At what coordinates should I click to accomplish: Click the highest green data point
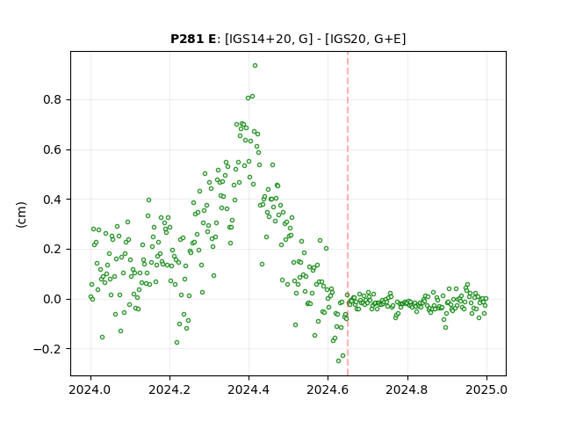click(255, 66)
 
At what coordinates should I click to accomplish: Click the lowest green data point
click(338, 360)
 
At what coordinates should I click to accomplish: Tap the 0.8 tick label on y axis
click(52, 99)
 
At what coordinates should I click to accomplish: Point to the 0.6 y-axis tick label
click(52, 149)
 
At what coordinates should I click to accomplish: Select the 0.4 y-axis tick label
click(52, 200)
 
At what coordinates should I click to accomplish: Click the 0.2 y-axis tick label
click(52, 249)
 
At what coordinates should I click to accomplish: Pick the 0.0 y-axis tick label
click(52, 299)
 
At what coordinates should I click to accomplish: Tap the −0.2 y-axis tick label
click(47, 349)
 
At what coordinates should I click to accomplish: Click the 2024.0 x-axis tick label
click(90, 389)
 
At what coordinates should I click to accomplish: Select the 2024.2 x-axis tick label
click(169, 389)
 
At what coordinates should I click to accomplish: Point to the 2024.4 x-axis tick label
click(249, 389)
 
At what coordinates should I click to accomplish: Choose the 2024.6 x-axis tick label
click(328, 389)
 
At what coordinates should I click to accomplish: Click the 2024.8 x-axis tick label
click(407, 389)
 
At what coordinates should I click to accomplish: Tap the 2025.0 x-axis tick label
click(486, 389)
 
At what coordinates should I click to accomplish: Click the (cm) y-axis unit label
click(21, 215)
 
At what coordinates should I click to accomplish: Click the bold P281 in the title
click(185, 39)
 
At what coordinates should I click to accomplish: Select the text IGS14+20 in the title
click(257, 39)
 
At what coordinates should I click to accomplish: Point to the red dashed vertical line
click(348, 214)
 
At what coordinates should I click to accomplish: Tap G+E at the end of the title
click(387, 39)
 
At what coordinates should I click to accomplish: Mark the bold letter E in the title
click(211, 39)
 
